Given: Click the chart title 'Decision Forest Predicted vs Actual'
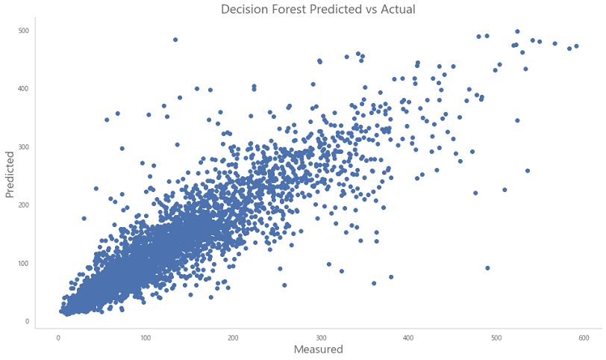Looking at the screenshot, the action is click(x=318, y=9).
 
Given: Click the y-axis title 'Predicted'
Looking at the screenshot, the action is click(x=10, y=175).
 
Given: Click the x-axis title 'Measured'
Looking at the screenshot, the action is click(x=319, y=350).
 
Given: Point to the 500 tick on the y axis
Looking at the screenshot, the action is click(x=24, y=31).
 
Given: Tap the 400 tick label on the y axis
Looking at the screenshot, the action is click(x=24, y=89).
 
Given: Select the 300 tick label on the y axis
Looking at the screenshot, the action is click(x=24, y=147).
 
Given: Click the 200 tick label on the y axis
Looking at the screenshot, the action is click(x=24, y=205).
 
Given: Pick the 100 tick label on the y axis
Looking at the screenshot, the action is click(x=24, y=264).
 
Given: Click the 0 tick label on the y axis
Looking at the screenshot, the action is click(x=27, y=321).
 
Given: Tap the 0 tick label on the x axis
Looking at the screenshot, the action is click(x=58, y=338).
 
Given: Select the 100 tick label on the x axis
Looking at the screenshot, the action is click(x=146, y=338).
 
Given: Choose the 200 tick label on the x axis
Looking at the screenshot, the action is click(x=233, y=338).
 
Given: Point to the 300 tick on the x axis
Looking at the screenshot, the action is click(x=321, y=338).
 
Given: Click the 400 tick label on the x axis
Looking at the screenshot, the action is click(x=408, y=338).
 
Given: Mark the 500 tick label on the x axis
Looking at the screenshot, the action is click(x=496, y=338).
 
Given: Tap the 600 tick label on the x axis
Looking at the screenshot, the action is click(x=584, y=338).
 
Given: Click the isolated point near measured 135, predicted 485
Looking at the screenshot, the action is click(x=175, y=40).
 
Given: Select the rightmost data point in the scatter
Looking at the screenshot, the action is click(x=576, y=46).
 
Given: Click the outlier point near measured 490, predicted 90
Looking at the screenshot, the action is click(x=487, y=268).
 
